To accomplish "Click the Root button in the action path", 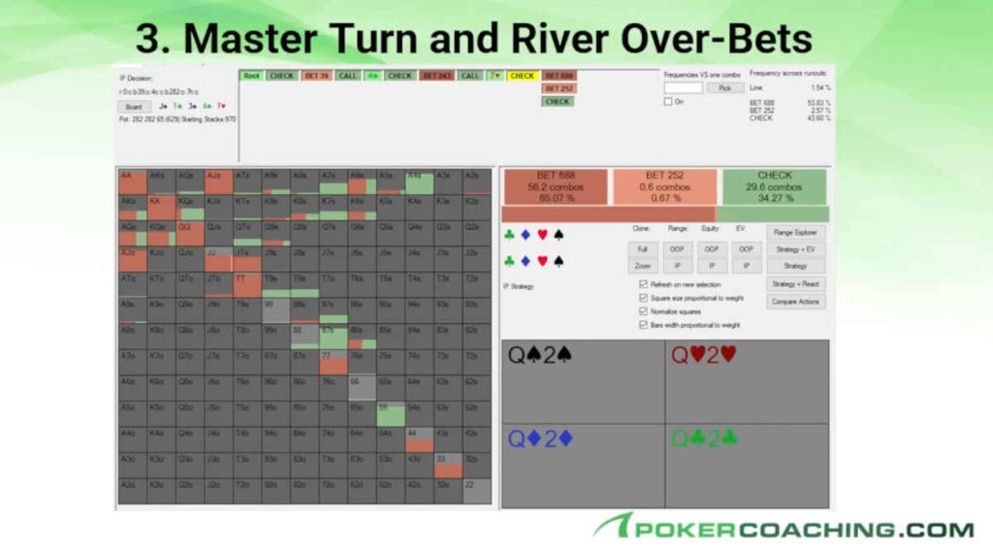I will [x=251, y=76].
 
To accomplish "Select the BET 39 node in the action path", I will [x=316, y=76].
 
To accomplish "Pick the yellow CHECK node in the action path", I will [x=523, y=76].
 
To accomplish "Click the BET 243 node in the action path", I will [x=436, y=76].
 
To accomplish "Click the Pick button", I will [x=724, y=87].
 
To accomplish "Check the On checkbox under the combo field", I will [x=668, y=102].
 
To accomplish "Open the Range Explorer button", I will [x=795, y=233].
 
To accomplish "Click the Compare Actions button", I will [x=795, y=302].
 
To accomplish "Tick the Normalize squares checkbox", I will [x=644, y=312].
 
